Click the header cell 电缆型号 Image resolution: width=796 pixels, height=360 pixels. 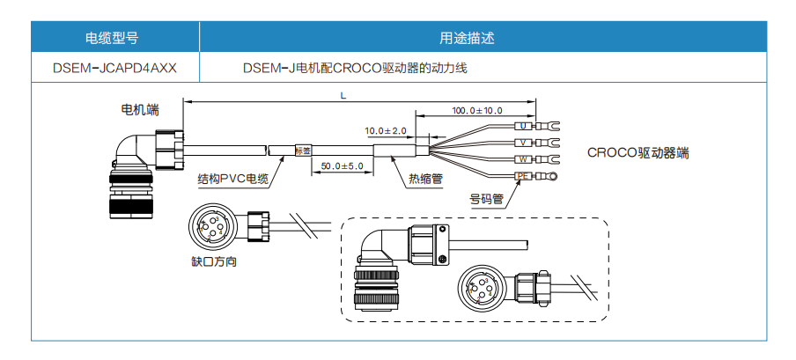112,38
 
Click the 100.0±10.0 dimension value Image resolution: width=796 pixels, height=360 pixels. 477,110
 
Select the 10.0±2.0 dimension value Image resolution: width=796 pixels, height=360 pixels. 386,130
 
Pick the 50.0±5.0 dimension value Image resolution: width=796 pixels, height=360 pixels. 342,165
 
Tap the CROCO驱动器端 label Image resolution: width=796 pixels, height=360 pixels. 638,152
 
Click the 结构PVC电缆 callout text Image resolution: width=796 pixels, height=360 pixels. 233,179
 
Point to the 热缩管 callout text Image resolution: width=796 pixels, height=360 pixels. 425,179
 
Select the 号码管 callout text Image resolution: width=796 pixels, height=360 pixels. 486,199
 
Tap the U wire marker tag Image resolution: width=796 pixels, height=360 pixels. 523,127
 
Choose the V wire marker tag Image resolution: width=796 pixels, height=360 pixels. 523,143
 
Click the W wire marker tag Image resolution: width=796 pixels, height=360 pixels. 523,159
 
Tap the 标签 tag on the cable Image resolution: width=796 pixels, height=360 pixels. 301,151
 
